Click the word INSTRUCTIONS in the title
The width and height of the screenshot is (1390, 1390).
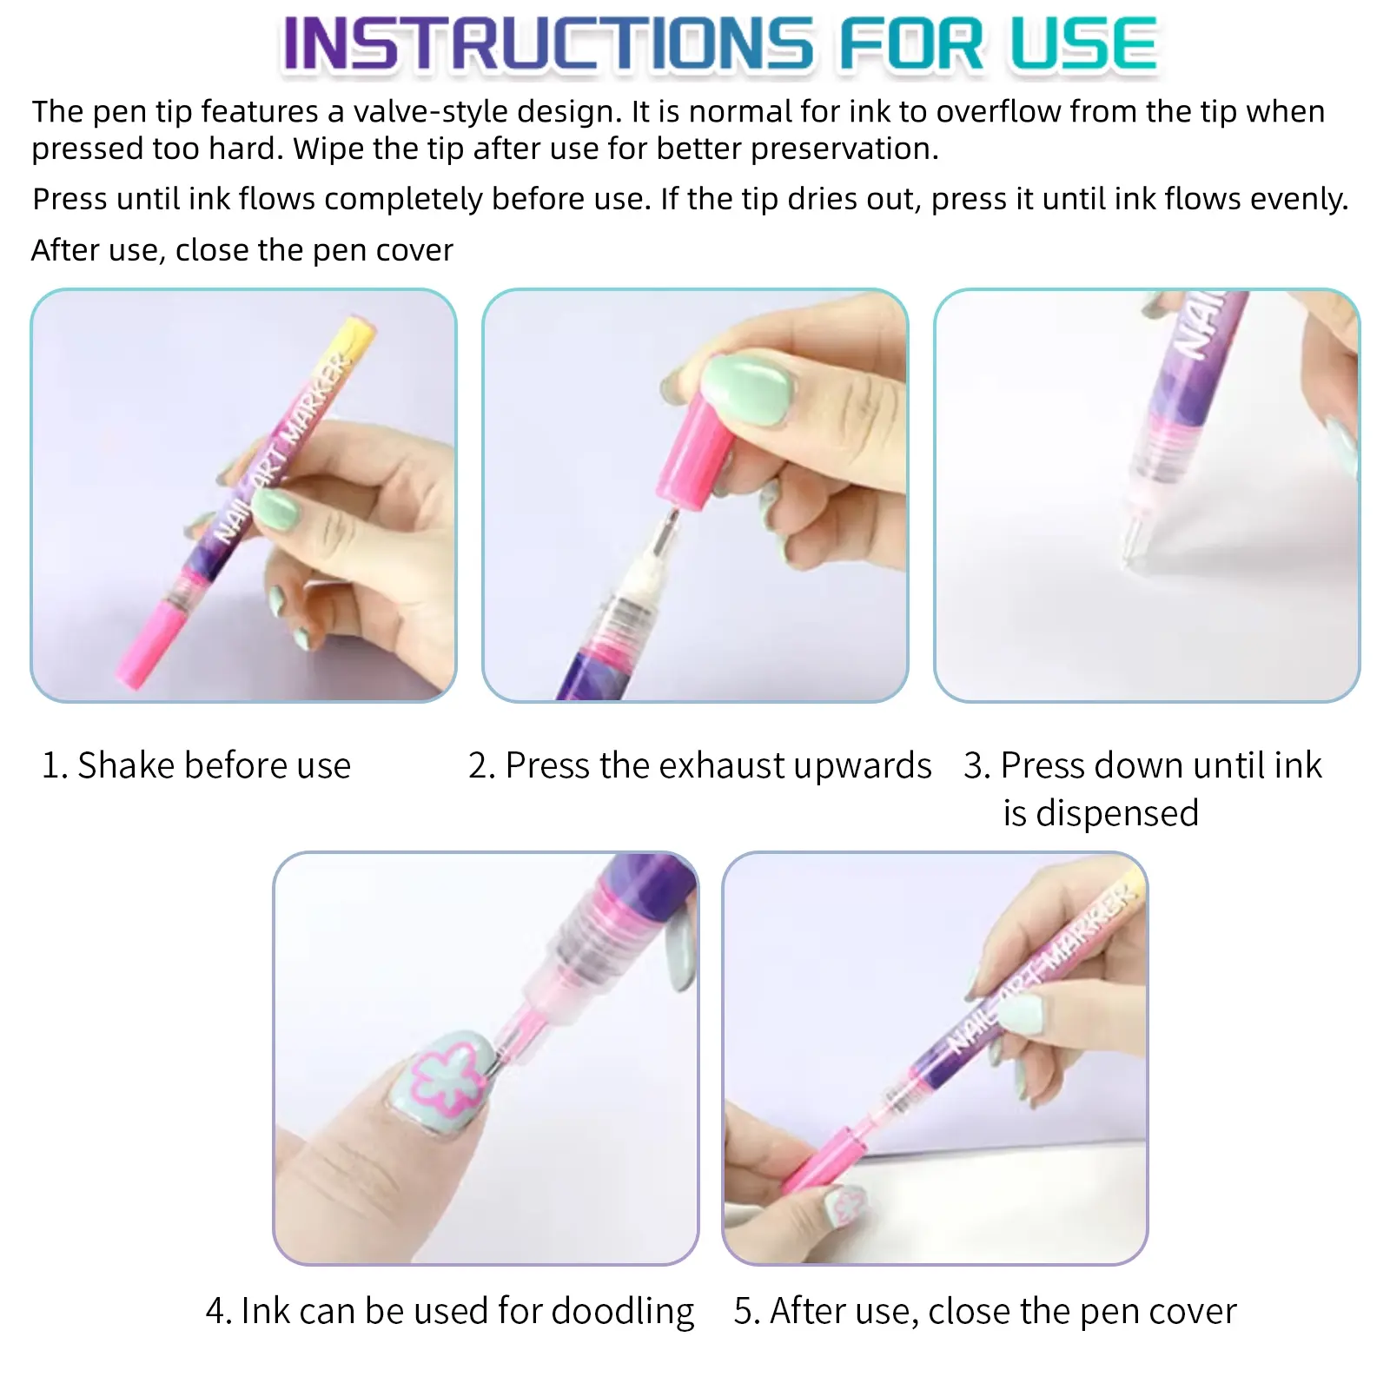[x=548, y=43]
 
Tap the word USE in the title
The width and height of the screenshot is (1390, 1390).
[x=1082, y=43]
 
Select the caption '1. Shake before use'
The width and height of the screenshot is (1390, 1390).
[x=196, y=765]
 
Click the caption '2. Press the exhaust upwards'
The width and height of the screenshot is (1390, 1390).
[x=699, y=765]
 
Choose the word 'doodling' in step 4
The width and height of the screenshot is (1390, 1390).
[x=623, y=1311]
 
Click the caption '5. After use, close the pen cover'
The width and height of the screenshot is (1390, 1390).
[x=985, y=1311]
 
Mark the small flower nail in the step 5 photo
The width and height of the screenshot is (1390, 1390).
[x=845, y=1205]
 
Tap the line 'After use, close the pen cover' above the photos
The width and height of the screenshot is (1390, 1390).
[x=242, y=250]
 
